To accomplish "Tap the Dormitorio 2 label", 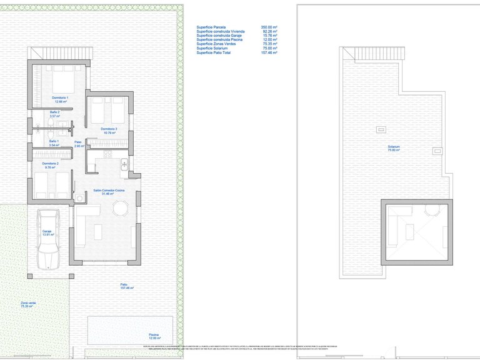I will coord(51,165).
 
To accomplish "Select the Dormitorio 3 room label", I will coord(109,130).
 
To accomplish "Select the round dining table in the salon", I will coord(119,210).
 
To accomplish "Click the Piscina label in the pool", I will coord(154,336).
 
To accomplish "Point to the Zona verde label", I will coord(28,304).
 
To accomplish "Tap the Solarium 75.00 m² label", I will coord(393,149).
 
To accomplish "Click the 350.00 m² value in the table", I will coord(269,27).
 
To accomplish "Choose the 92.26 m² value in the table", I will coord(269,32).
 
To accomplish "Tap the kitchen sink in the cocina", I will coord(124,166).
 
